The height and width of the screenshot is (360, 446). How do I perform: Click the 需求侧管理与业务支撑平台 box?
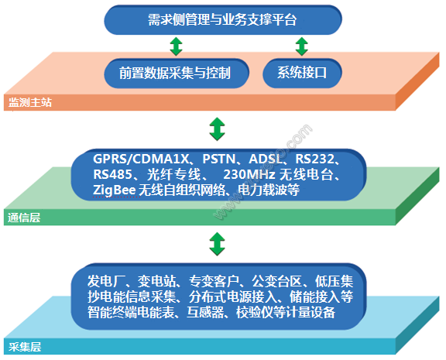point(223,20)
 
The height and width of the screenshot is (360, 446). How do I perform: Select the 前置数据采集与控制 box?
point(177,73)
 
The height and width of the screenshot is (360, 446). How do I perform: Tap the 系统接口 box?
point(302,73)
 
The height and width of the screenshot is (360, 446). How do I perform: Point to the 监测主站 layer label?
point(30,102)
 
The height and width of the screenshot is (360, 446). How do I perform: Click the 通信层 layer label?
point(24,218)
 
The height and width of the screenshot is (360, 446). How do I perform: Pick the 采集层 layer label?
point(25,347)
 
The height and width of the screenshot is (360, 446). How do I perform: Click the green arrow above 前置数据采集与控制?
point(176,46)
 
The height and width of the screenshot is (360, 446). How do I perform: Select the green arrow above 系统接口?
point(302,46)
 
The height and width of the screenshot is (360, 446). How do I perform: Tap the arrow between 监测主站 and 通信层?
point(218,129)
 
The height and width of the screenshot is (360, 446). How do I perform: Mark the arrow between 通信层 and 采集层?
point(218,244)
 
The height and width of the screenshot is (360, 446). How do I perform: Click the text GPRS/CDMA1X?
point(141,159)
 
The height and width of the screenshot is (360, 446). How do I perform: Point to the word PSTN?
point(218,159)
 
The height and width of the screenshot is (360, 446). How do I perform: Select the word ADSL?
point(266,159)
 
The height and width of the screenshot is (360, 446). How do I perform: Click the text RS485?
point(112,175)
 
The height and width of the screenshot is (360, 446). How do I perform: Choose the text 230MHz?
point(249,175)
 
